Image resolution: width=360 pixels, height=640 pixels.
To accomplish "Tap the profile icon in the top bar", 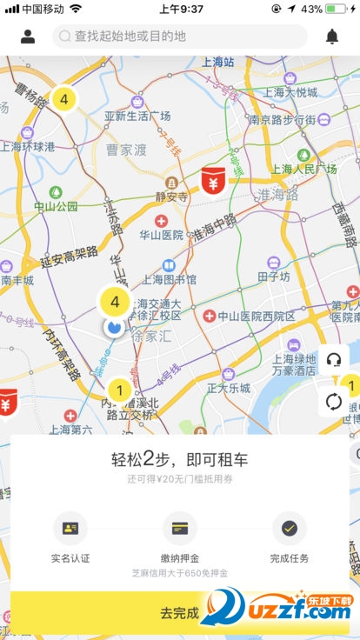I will click(28, 37).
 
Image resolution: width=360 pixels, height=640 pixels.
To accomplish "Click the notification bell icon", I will click(331, 37).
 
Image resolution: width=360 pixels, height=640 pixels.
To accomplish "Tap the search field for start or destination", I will click(179, 37).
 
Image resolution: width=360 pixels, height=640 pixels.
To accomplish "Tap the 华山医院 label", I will click(161, 235).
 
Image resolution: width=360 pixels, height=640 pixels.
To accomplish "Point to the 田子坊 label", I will click(273, 277).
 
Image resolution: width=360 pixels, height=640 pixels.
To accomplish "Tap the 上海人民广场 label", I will click(303, 169).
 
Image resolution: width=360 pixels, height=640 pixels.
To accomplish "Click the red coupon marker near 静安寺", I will click(211, 181).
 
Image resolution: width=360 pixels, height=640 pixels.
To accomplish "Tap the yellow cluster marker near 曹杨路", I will click(63, 98).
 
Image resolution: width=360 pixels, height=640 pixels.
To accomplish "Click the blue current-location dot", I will click(113, 327).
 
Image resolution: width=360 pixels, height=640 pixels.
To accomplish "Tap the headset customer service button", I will click(333, 360).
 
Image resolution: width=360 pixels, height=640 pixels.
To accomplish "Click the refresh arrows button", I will click(333, 402).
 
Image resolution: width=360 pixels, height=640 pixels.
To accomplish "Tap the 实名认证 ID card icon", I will click(70, 528).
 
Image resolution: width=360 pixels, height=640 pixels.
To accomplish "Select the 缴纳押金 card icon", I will click(180, 528).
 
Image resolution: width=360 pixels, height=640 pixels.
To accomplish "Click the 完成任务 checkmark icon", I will click(290, 528).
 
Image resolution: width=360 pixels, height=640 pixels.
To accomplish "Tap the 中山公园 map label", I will click(56, 206).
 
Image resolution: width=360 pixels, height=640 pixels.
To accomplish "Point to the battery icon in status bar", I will click(337, 9).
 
